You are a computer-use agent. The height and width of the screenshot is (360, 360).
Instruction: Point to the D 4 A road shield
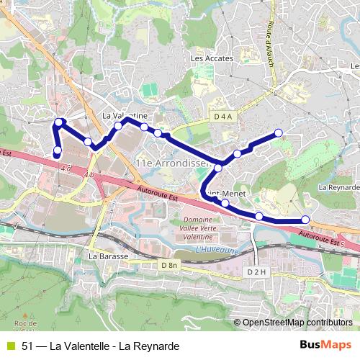pyautogui.click(x=224, y=116)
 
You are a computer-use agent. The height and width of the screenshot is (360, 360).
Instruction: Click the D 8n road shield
pyautogui.click(x=169, y=265)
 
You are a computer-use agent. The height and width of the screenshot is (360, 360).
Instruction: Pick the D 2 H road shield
pyautogui.click(x=256, y=271)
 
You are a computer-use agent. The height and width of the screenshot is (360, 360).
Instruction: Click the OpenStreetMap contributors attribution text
pyautogui.click(x=297, y=323)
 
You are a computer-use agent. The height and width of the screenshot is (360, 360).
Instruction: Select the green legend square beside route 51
pyautogui.click(x=9, y=346)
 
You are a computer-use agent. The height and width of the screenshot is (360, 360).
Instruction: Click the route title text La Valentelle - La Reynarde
pyautogui.click(x=100, y=346)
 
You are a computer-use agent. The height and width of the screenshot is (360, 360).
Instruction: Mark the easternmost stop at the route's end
pyautogui.click(x=305, y=220)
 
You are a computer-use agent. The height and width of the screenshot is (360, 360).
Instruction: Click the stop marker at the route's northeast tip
pyautogui.click(x=279, y=133)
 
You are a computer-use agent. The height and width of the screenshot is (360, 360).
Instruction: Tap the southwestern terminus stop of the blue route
pyautogui.click(x=57, y=150)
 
